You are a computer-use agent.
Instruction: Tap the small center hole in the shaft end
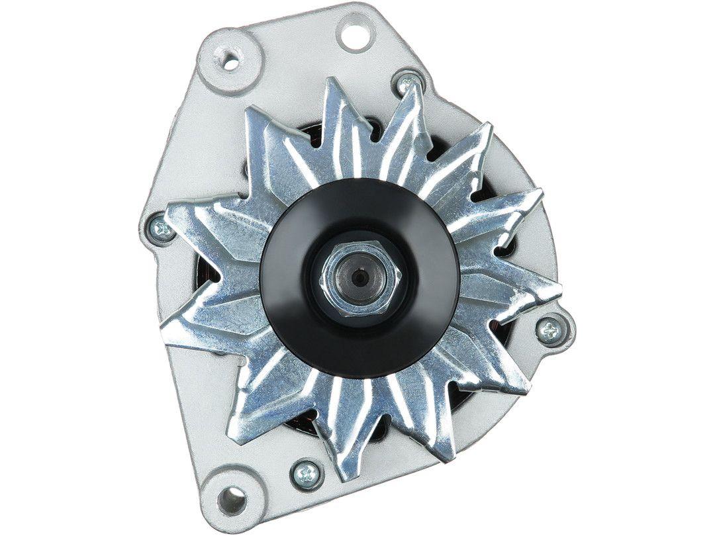point(359,279)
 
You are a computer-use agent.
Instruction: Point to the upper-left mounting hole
point(230,62)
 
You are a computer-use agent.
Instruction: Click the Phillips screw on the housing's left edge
point(161,230)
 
